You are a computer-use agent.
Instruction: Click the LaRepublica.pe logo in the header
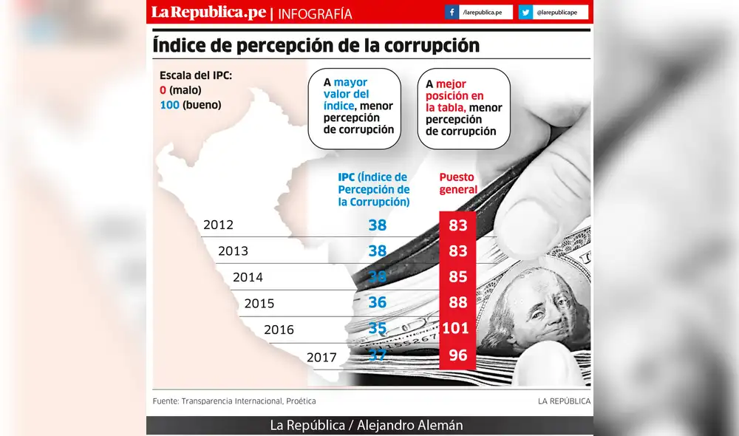pos(208,13)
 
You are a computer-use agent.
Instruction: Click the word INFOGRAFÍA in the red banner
pos(315,13)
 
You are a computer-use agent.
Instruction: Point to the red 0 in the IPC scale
pos(163,90)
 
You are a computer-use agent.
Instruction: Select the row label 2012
pos(218,225)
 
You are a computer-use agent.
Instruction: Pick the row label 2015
pos(259,303)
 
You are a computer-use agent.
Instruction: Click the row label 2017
pos(321,357)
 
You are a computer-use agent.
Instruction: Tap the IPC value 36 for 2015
pos(378,302)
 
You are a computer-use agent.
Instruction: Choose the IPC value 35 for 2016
pos(378,329)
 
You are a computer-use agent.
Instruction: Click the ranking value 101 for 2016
pos(458,329)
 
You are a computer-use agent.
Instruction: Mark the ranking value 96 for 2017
pos(458,355)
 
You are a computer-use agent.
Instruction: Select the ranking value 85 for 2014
pos(458,277)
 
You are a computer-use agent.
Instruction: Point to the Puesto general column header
pos(458,184)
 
